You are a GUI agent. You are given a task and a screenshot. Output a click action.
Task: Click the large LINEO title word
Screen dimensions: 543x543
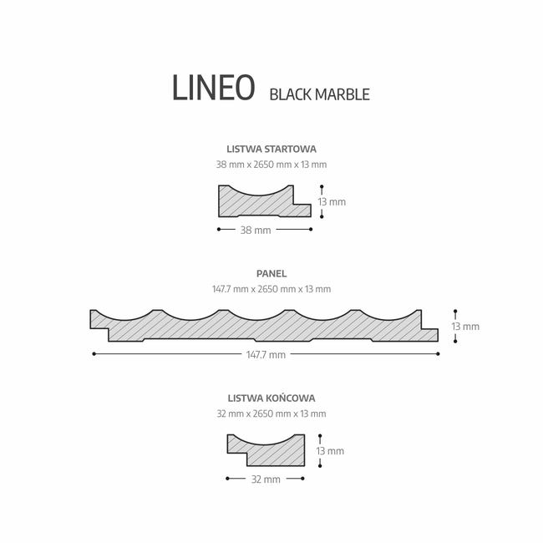point(213,88)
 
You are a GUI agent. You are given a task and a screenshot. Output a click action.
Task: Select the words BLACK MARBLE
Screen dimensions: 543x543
point(320,94)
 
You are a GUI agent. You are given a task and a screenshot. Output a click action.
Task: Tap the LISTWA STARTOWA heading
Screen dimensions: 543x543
point(271,150)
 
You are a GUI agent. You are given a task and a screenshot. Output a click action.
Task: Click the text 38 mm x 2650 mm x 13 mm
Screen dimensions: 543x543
point(271,165)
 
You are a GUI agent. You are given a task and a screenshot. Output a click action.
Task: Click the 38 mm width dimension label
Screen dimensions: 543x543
point(256,231)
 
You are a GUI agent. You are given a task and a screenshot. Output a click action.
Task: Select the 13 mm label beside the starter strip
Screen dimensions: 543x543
point(332,202)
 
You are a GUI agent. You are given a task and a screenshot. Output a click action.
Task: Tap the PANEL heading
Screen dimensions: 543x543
point(271,273)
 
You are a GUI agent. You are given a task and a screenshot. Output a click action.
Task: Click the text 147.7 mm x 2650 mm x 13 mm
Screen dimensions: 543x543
point(271,289)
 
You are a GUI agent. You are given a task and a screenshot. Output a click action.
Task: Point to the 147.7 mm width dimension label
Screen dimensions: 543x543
point(266,354)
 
